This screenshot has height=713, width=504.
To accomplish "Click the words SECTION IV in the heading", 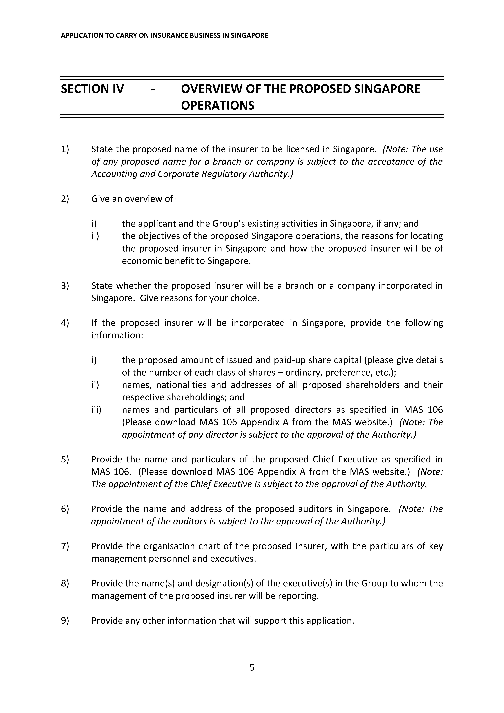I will coord(92,89).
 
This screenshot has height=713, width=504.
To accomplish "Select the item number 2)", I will coord(65,199).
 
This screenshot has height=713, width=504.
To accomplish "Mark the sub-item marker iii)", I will coord(96,410).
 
